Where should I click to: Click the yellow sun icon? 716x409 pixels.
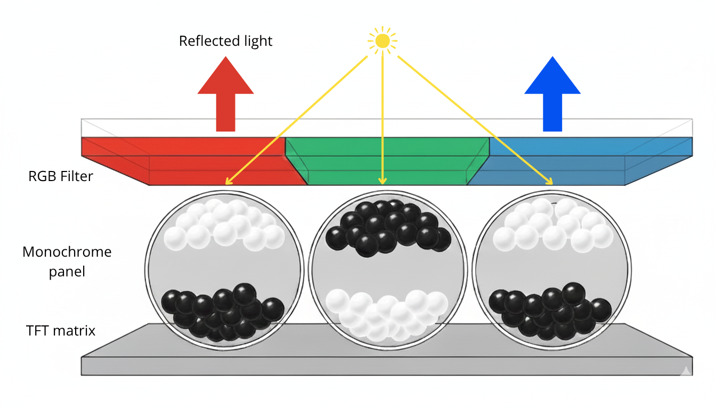click(x=382, y=40)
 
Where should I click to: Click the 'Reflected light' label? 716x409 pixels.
click(x=225, y=41)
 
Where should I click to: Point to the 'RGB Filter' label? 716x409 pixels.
click(x=61, y=176)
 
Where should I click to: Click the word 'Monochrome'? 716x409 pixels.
click(x=67, y=252)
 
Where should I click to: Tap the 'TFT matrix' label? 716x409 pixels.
click(x=61, y=331)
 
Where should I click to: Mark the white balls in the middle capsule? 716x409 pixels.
click(x=387, y=314)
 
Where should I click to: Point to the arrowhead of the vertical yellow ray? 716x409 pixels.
click(x=382, y=181)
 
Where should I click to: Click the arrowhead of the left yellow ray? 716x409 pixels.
click(x=229, y=182)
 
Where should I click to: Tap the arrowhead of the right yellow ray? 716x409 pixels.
click(x=549, y=182)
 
